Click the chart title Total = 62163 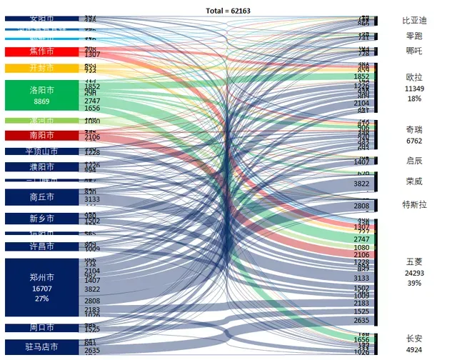tap(228, 11)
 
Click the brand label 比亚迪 tap(414, 21)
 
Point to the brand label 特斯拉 tap(414, 205)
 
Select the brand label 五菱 tap(414, 262)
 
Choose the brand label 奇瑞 tap(414, 129)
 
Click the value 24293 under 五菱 tap(414, 273)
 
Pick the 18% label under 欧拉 tap(414, 99)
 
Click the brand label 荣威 tap(414, 181)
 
